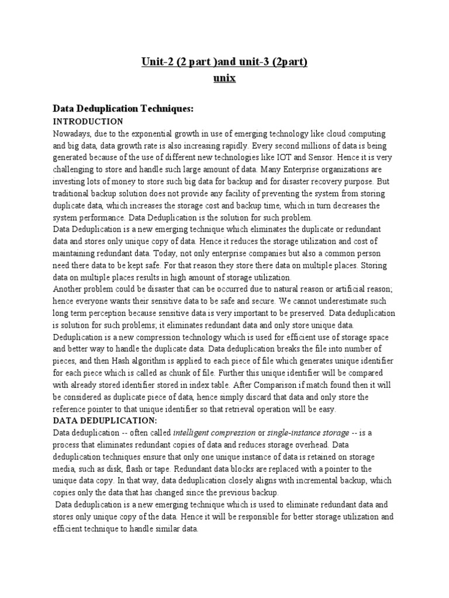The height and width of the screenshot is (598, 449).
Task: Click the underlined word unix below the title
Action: pyautogui.click(x=224, y=78)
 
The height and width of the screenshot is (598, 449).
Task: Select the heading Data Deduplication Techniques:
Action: pyautogui.click(x=123, y=109)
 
